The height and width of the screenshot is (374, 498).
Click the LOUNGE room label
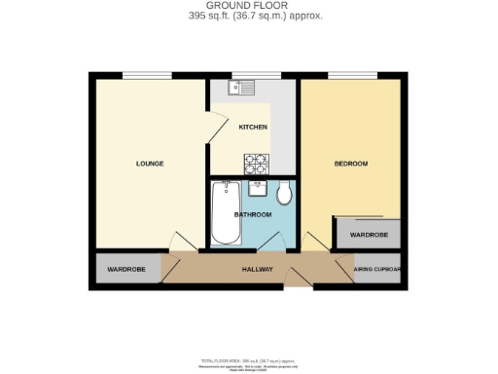(149, 163)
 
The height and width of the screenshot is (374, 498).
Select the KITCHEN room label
(253, 127)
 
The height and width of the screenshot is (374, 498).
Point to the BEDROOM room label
(350, 163)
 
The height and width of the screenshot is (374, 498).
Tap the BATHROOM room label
(253, 214)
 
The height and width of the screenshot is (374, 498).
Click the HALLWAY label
(257, 269)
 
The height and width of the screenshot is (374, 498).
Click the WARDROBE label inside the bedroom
(369, 235)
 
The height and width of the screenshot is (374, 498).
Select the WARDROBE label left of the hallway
(126, 269)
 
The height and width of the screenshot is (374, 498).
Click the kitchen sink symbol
(240, 89)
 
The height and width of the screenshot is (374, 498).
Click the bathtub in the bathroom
(226, 212)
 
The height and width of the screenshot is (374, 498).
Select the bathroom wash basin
(258, 188)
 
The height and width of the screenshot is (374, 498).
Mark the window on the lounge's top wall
(146, 75)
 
